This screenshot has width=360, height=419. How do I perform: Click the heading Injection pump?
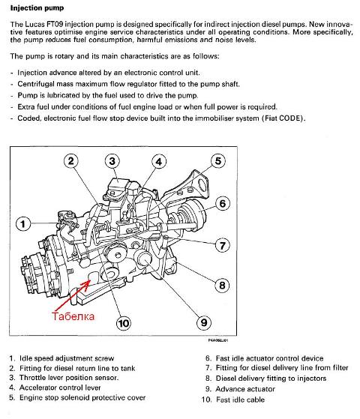[37, 8]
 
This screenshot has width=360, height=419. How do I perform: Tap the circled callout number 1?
[23, 223]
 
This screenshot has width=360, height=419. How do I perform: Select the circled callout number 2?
[71, 161]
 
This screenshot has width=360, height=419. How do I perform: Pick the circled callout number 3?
[112, 161]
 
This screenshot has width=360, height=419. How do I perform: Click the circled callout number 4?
[159, 162]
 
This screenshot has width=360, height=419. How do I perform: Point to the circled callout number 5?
[218, 161]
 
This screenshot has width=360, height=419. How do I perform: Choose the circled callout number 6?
[223, 204]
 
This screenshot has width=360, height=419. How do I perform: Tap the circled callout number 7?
[223, 245]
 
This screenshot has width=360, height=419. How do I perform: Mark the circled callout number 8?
[222, 286]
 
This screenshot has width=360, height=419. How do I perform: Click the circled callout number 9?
[204, 322]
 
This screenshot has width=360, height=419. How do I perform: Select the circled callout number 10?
[123, 323]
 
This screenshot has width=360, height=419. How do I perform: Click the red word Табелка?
[73, 316]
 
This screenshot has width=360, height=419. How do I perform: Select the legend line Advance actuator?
[245, 389]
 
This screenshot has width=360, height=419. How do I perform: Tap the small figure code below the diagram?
[218, 340]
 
